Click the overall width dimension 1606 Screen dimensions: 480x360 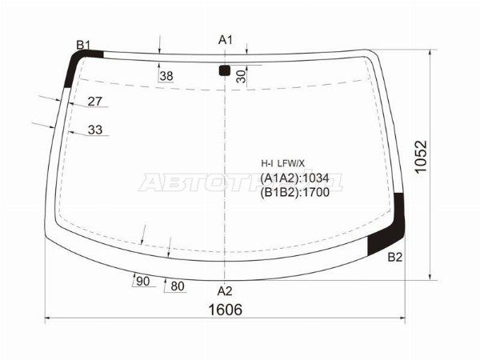tap(226, 310)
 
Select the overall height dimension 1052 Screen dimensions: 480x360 tap(421, 157)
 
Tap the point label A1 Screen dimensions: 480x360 tap(226, 40)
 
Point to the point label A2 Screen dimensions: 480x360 tap(225, 291)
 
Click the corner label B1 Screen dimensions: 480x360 tap(83, 46)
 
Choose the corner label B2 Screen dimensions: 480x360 tap(395, 258)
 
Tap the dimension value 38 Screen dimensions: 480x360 tap(166, 76)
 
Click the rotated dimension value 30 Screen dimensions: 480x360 tap(242, 77)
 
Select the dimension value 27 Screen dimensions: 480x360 tap(94, 102)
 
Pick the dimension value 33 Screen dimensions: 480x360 tap(95, 130)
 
